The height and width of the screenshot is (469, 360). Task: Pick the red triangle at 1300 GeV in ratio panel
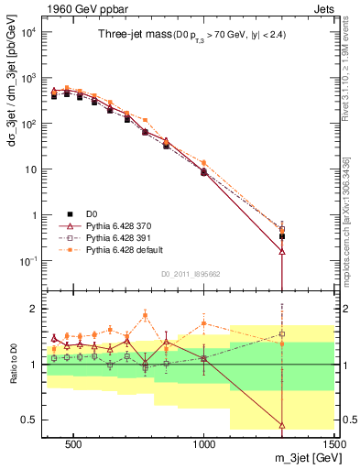[x=282, y=425]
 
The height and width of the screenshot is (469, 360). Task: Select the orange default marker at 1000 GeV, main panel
[x=204, y=163]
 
